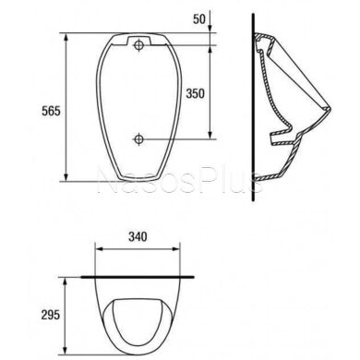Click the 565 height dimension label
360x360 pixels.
pos(51,111)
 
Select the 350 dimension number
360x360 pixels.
pos(195,93)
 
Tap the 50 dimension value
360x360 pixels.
pos(198,19)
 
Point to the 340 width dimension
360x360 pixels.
pos(138,236)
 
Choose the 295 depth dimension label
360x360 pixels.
pos(51,315)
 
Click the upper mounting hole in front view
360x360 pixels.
pos(138,45)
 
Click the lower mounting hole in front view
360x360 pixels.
pos(138,139)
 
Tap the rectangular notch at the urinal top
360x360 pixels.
pos(138,41)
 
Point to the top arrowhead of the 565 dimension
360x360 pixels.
pos(66,38)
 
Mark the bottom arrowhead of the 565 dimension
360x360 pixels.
pos(66,176)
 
